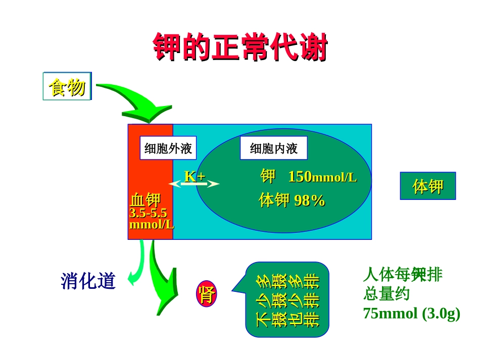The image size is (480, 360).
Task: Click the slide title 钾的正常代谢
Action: click(240, 48)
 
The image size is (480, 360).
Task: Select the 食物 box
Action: click(67, 86)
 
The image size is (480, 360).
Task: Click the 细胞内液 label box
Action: click(273, 148)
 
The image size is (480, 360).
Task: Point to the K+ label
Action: click(195, 176)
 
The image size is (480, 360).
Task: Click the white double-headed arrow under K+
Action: click(194, 184)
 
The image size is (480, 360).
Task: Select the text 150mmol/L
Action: click(322, 177)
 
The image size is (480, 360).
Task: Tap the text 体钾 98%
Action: click(292, 200)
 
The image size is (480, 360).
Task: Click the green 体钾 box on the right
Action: click(427, 186)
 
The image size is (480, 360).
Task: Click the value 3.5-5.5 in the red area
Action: click(148, 213)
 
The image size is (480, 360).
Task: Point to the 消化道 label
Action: click(88, 281)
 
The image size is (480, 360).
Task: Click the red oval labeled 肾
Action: click(206, 294)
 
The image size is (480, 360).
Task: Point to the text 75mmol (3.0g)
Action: click(411, 314)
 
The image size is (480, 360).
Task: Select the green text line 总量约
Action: click(387, 294)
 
